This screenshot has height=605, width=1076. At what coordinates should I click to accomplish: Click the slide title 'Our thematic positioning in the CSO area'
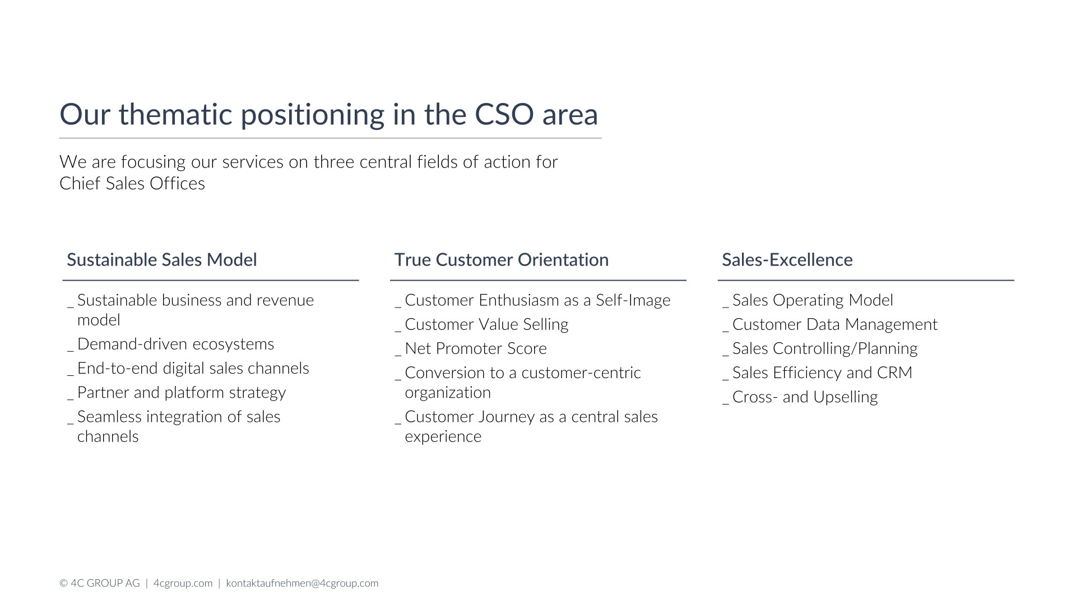pos(329,115)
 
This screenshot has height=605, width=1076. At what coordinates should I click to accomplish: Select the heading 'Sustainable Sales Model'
pos(162,260)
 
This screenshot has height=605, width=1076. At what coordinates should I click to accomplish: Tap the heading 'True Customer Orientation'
pos(502,260)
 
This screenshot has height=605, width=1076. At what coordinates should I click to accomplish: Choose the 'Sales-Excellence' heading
pos(787,260)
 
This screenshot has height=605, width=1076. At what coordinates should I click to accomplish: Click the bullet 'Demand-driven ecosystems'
pos(175,344)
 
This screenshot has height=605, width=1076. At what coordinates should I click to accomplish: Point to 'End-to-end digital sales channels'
pos(193,369)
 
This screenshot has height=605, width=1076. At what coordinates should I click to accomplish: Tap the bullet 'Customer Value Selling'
pos(486,324)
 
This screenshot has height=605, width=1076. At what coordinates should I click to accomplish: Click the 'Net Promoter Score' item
pos(476,348)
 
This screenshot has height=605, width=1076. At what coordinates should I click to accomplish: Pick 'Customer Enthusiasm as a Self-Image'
pos(537,301)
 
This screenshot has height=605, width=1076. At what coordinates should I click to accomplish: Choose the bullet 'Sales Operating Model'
pos(813,301)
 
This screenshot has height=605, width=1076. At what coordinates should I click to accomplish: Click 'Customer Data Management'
pos(835,325)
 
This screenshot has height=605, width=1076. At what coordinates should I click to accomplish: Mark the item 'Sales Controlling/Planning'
pos(825,349)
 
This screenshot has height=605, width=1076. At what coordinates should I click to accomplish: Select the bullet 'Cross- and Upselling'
pos(805,397)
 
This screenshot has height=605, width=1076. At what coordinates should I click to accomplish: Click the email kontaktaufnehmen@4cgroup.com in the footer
pos(303,583)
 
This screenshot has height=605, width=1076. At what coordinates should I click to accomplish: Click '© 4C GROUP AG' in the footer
pos(100,583)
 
